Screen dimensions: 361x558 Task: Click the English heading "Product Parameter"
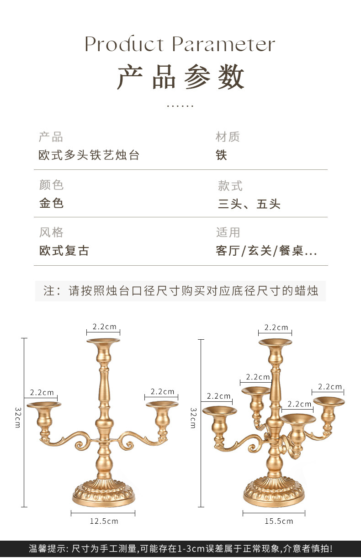coord(180,45)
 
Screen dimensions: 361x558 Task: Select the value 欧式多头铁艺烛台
coord(89,155)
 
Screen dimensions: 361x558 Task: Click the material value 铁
coord(221,155)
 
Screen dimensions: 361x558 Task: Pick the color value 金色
coord(52,203)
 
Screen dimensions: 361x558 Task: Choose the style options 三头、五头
coord(249,204)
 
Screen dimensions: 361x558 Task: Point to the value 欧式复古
coord(64,251)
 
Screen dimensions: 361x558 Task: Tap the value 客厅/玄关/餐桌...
coord(266,251)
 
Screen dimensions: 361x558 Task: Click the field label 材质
coord(228,137)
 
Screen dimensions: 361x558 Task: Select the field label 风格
coord(51,232)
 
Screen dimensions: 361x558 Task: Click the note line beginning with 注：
coord(180,291)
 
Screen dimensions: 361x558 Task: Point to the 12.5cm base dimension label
coord(103,521)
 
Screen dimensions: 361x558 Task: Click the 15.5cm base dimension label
coord(279,521)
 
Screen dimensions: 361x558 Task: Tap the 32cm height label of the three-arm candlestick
coord(17,417)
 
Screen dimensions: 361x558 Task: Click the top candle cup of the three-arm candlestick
coord(103,347)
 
